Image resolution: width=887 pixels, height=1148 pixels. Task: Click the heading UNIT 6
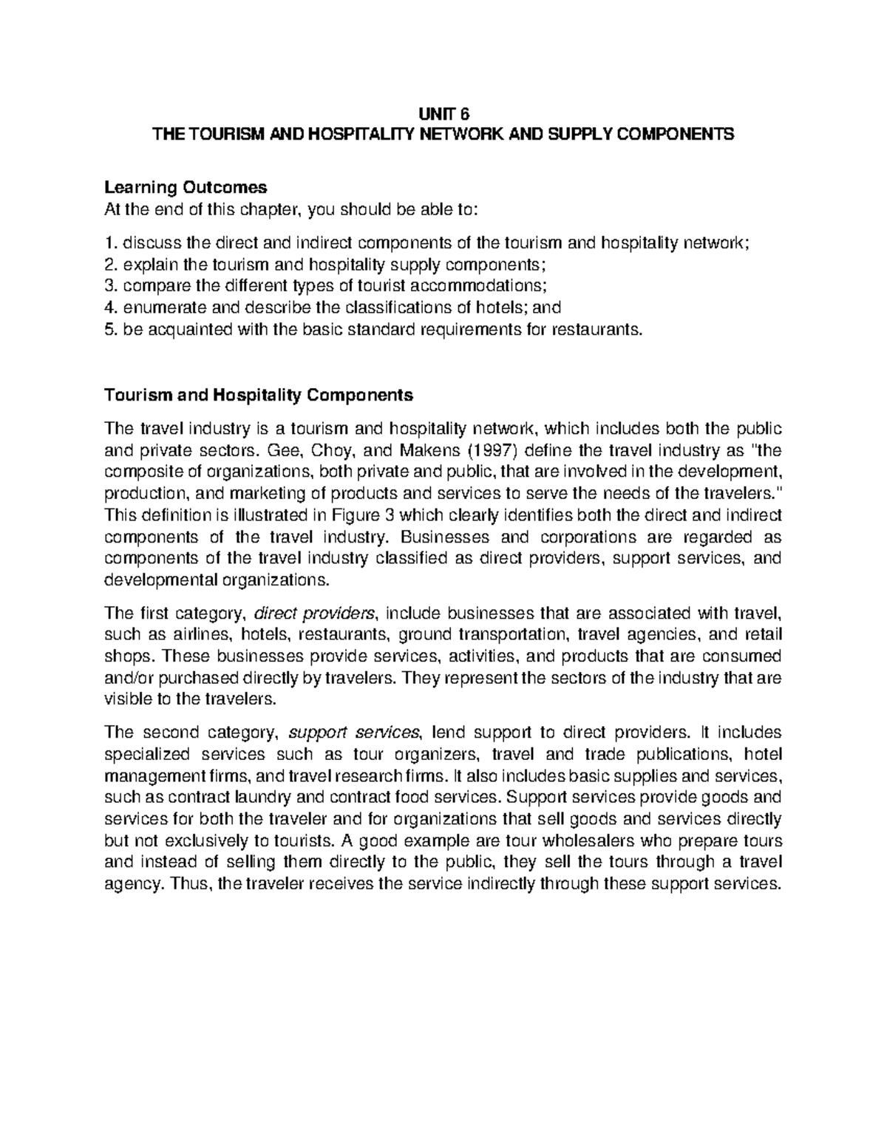[443, 113]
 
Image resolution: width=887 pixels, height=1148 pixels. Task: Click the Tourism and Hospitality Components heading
[259, 395]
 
